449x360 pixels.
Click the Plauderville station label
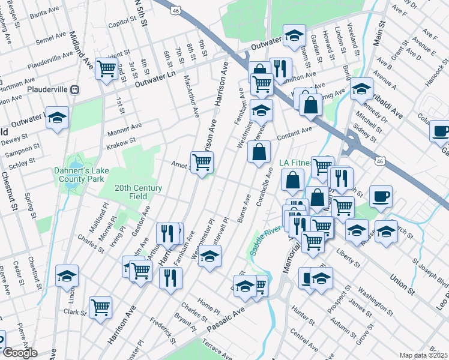[x=48, y=89]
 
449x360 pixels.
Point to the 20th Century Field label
[x=138, y=192]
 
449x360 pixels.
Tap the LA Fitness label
[x=295, y=163]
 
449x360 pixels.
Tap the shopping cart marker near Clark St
[x=100, y=307]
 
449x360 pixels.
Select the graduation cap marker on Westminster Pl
[x=209, y=257]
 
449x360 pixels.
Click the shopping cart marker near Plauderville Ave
[x=106, y=69]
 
